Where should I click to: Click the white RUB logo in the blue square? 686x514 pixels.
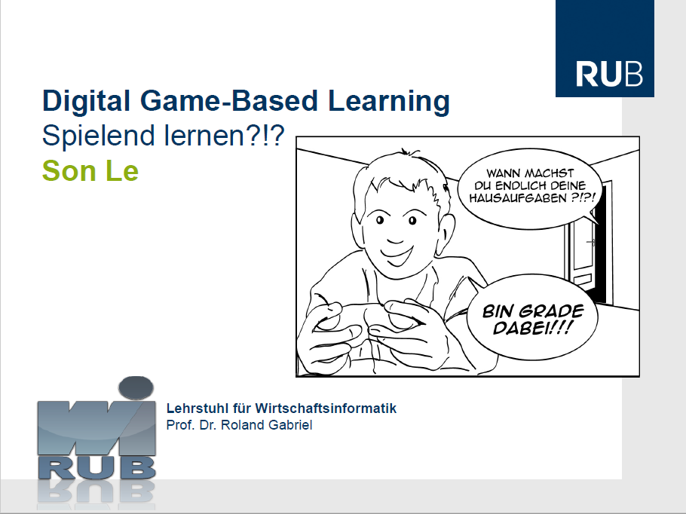609,74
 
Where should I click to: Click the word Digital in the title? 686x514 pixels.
86,100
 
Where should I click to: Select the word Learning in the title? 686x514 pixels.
388,100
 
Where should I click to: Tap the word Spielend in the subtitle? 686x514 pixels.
99,135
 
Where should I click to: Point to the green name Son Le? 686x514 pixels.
90,170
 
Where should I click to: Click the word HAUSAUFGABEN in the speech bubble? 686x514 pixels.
518,198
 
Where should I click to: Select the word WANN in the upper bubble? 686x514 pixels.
503,173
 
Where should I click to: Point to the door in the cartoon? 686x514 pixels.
586,240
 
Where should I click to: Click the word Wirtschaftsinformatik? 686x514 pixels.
326,408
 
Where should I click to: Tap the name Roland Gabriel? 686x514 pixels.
266,425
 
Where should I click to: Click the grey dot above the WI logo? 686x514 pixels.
136,388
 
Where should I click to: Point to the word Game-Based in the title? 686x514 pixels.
229,100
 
